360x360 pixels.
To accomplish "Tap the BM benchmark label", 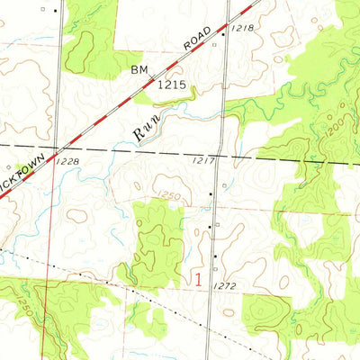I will tap(139, 68).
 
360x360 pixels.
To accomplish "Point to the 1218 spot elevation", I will tap(241, 30).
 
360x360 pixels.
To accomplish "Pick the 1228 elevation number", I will tap(68, 160).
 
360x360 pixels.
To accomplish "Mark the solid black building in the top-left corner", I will tap(55, 11).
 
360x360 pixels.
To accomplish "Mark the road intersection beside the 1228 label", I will tap(58, 148).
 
